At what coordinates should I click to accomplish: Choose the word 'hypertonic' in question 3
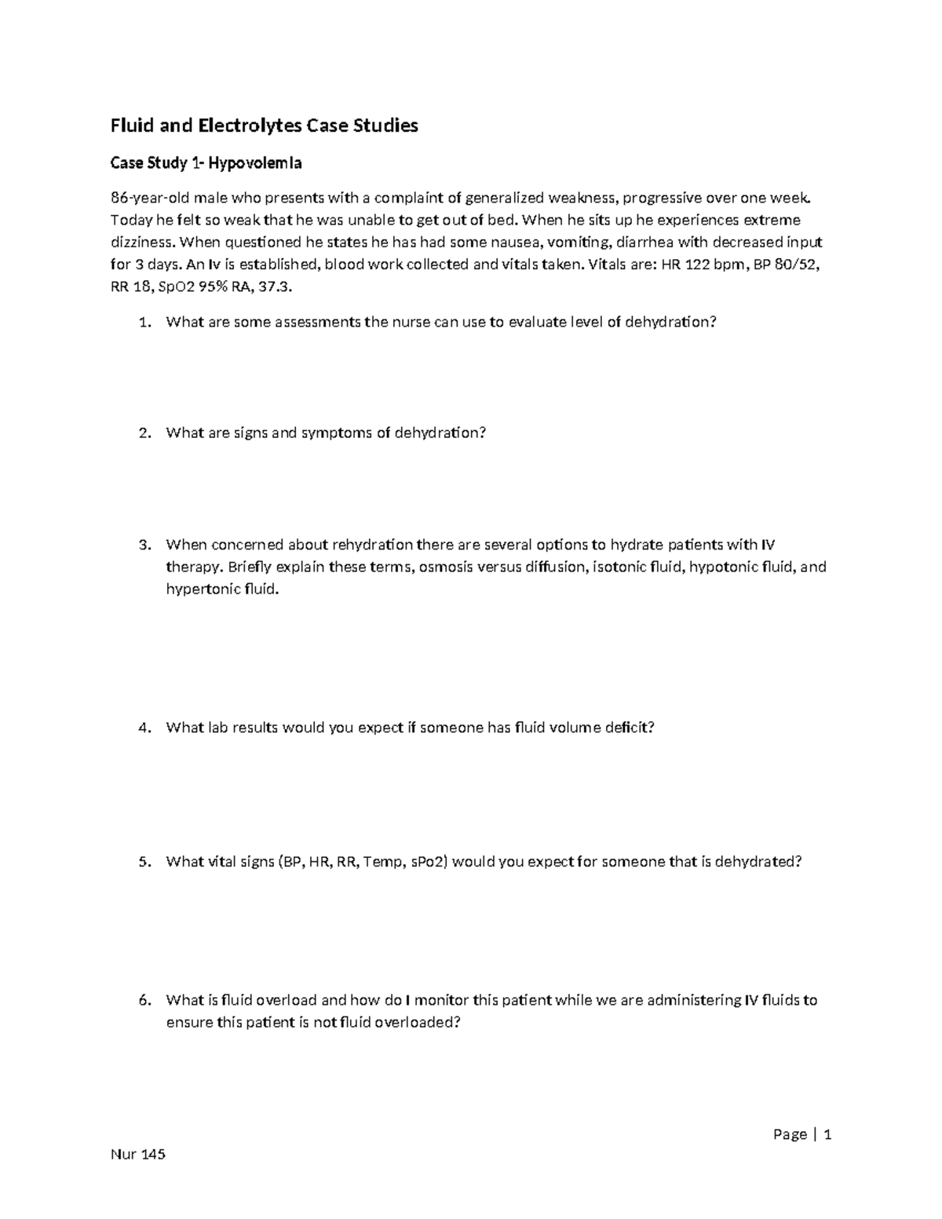199,589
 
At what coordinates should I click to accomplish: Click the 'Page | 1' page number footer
801,1134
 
